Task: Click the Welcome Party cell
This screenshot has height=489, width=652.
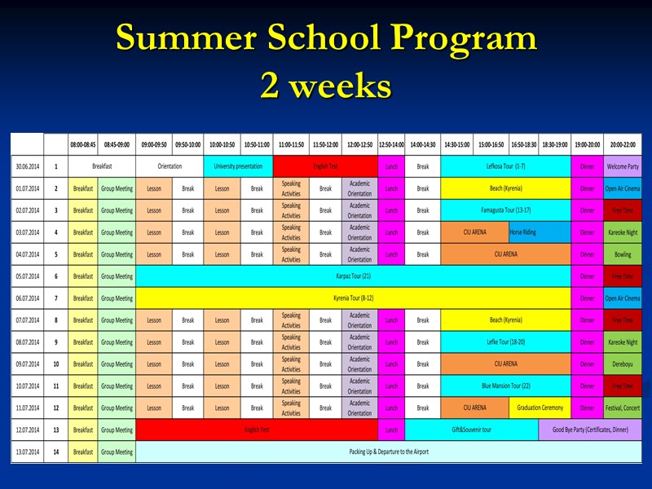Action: click(623, 166)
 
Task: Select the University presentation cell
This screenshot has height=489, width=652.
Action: click(238, 166)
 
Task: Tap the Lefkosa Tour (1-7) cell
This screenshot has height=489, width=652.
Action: click(505, 166)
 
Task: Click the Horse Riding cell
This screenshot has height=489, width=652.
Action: click(522, 232)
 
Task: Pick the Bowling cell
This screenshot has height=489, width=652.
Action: click(623, 254)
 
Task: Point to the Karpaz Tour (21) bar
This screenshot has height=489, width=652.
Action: click(353, 276)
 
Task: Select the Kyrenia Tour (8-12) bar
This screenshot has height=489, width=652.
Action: click(353, 298)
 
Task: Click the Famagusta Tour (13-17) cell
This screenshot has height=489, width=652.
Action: click(505, 210)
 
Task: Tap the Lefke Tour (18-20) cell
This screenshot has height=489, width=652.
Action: click(505, 342)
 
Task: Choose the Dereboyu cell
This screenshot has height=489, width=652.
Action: click(623, 364)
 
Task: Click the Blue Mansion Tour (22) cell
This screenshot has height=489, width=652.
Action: click(505, 386)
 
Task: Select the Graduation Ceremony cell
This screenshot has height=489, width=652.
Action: click(540, 407)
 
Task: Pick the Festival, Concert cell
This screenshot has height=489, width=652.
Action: click(623, 407)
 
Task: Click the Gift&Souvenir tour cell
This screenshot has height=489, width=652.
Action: click(471, 430)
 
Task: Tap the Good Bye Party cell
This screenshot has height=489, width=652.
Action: click(590, 430)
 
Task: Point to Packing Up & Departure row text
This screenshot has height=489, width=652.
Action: click(388, 452)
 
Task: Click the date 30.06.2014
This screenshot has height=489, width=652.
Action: click(27, 166)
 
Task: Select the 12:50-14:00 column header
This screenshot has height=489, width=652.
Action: click(391, 144)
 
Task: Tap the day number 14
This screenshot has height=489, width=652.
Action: click(56, 452)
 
